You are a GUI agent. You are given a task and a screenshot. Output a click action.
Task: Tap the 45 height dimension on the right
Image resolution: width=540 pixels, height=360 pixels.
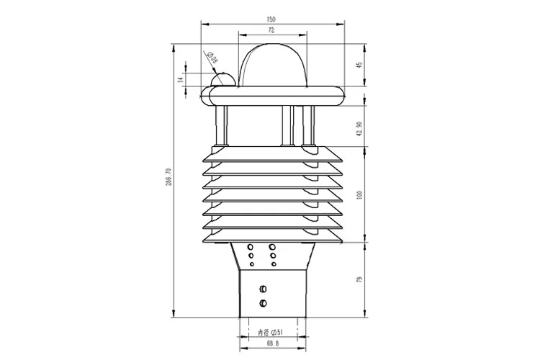359,66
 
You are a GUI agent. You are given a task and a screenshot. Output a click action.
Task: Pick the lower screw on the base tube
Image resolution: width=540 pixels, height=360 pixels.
264,302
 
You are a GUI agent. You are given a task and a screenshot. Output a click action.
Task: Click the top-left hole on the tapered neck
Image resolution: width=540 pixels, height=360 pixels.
251,246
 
